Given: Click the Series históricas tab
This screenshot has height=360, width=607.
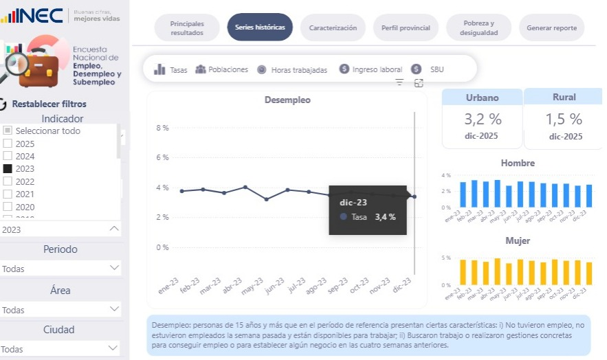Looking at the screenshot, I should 260,27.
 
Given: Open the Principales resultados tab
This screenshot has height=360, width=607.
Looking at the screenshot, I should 187,27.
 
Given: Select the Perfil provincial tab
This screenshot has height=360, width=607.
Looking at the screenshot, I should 406,27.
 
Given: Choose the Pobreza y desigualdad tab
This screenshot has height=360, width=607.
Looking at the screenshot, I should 478,27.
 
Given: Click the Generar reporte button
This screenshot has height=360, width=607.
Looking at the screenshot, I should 551,27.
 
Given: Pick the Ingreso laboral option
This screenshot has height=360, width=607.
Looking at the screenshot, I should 377,69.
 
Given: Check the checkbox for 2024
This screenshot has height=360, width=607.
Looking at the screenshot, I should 8,156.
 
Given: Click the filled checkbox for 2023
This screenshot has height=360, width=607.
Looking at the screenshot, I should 8,168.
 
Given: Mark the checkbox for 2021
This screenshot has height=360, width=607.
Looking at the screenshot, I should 8,194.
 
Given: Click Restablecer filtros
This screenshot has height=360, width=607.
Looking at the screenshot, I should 49,104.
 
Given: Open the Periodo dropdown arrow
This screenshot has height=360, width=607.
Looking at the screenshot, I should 114,268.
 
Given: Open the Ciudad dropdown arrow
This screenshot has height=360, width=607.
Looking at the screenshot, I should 114,348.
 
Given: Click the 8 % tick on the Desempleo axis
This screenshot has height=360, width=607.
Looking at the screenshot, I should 162,128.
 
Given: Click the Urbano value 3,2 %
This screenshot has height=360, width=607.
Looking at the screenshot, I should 482,119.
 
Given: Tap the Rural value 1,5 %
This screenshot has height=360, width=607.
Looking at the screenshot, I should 564,119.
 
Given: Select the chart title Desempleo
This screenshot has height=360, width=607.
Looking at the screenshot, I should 287,100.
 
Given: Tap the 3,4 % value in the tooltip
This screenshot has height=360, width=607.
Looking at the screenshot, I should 385,216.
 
